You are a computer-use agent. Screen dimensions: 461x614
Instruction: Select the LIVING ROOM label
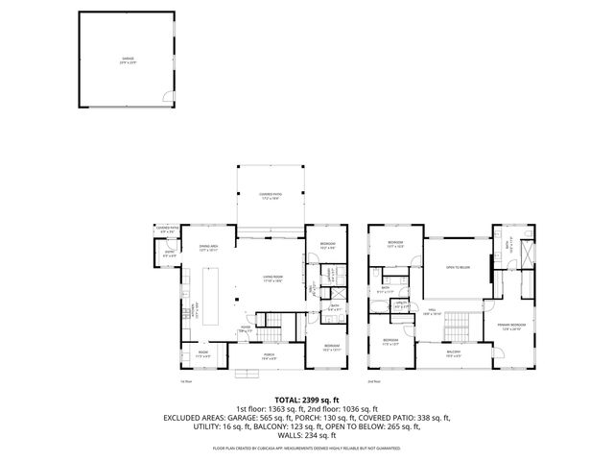(x=272, y=279)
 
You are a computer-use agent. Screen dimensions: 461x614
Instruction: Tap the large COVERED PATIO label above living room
(x=269, y=197)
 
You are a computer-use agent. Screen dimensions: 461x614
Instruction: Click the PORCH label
(x=269, y=357)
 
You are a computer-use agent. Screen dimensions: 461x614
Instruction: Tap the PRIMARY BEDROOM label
(x=516, y=327)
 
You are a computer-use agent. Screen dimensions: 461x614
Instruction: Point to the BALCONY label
(x=453, y=352)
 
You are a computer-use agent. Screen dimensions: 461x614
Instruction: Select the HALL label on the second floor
(x=433, y=311)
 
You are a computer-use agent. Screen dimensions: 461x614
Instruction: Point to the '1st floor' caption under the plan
(x=186, y=381)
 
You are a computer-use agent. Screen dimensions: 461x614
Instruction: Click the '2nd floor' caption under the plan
(x=373, y=381)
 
